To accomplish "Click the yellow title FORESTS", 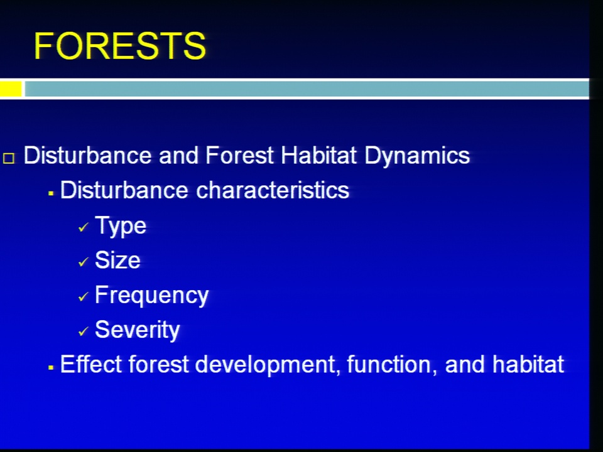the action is [120, 46].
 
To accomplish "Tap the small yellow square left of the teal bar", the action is [11, 89].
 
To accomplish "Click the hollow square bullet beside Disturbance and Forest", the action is [9, 158].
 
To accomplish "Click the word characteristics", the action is [273, 190].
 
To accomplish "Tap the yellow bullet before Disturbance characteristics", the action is [51, 193].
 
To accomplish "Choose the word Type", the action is [121, 227].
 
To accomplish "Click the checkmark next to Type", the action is [83, 228].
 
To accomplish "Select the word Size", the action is [117, 260].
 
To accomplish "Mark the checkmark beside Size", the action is [83, 262].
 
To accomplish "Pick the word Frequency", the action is [151, 296].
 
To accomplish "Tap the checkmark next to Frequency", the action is [83, 297].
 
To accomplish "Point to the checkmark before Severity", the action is [83, 331].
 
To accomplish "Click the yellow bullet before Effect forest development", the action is [51, 368].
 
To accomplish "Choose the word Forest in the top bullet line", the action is [239, 156].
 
